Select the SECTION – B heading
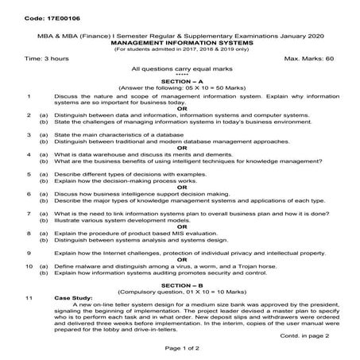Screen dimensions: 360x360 tap(181, 284)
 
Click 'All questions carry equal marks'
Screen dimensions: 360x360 tap(180, 71)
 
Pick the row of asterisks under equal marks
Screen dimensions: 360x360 tap(181, 76)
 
